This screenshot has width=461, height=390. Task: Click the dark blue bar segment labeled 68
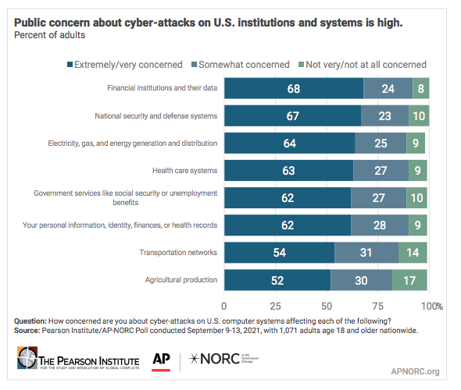pyautogui.click(x=294, y=88)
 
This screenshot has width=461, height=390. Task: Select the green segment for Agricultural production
pyautogui.click(x=409, y=280)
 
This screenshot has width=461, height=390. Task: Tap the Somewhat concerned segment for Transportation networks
pyautogui.click(x=366, y=253)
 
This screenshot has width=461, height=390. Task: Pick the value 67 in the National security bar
pyautogui.click(x=292, y=115)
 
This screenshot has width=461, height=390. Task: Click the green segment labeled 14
pyautogui.click(x=413, y=253)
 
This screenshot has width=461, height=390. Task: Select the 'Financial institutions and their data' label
pyautogui.click(x=162, y=88)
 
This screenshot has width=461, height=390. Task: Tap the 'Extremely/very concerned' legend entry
pyautogui.click(x=126, y=64)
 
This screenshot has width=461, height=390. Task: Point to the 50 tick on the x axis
pyautogui.click(x=327, y=305)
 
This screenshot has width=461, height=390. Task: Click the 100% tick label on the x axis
pyautogui.click(x=431, y=305)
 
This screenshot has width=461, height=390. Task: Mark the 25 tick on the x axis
pyautogui.click(x=275, y=305)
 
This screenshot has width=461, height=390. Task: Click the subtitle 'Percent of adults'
pyautogui.click(x=48, y=35)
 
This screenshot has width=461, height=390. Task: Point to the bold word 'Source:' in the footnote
pyautogui.click(x=30, y=331)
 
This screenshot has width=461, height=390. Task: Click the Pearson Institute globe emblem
pyautogui.click(x=28, y=361)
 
